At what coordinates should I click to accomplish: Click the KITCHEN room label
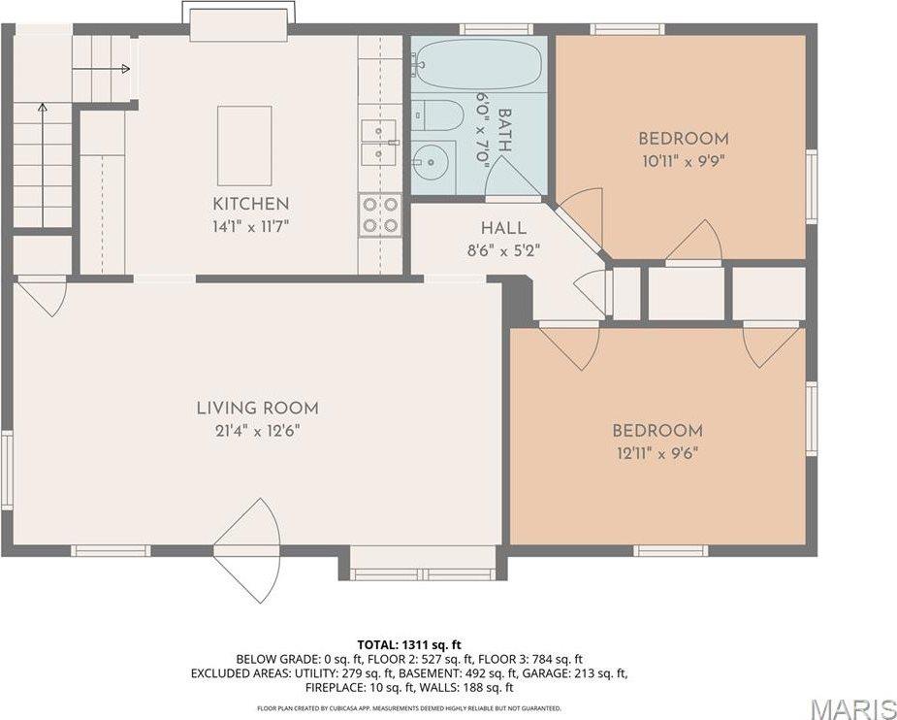pos(250,204)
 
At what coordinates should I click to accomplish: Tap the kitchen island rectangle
pos(244,146)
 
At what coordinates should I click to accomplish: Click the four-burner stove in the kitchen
pos(380,213)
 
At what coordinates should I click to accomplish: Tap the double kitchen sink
pos(378,143)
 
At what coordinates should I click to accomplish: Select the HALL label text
pos(503,229)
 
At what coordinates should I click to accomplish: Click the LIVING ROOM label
pos(257,409)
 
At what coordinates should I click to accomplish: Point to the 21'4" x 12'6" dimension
pos(257,431)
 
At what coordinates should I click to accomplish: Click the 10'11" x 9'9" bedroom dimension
pos(683,161)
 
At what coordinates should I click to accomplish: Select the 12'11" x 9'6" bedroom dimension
pos(657,453)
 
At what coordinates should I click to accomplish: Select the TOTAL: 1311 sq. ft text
pos(409,644)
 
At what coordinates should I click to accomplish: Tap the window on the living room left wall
pos(7,471)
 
